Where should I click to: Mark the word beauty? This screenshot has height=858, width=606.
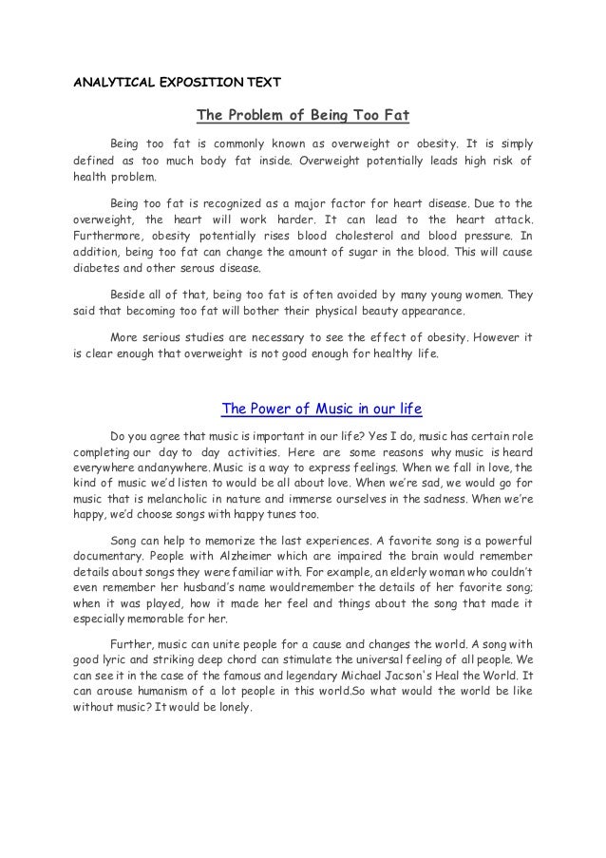click(384, 312)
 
